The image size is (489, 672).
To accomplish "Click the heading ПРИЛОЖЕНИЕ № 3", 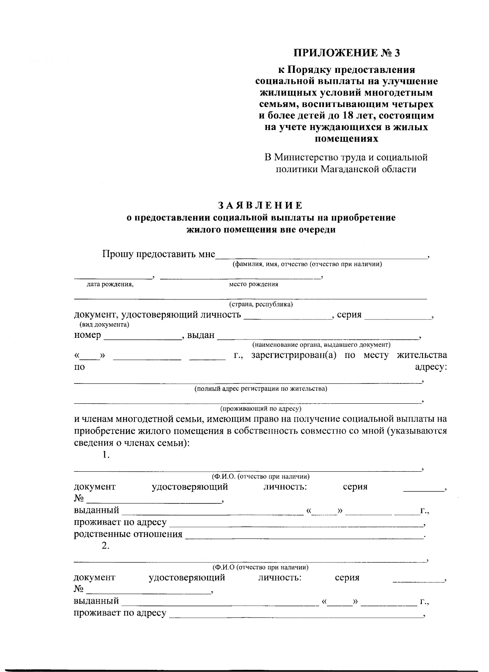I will point(350,53).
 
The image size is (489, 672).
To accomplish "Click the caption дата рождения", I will point(110,285).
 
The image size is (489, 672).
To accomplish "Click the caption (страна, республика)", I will point(261,304).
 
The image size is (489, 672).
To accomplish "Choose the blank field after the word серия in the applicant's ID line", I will point(397,316).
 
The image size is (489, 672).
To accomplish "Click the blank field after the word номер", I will point(142,336).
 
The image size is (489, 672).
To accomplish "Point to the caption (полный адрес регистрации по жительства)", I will point(261,389).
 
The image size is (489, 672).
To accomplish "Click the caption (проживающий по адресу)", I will point(261,408).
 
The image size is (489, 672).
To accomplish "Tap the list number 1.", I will point(106,455).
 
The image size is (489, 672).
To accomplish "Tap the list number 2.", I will point(106,546).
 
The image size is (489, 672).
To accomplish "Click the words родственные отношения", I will point(128,534).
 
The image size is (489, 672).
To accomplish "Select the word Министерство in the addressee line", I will point(309,157).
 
